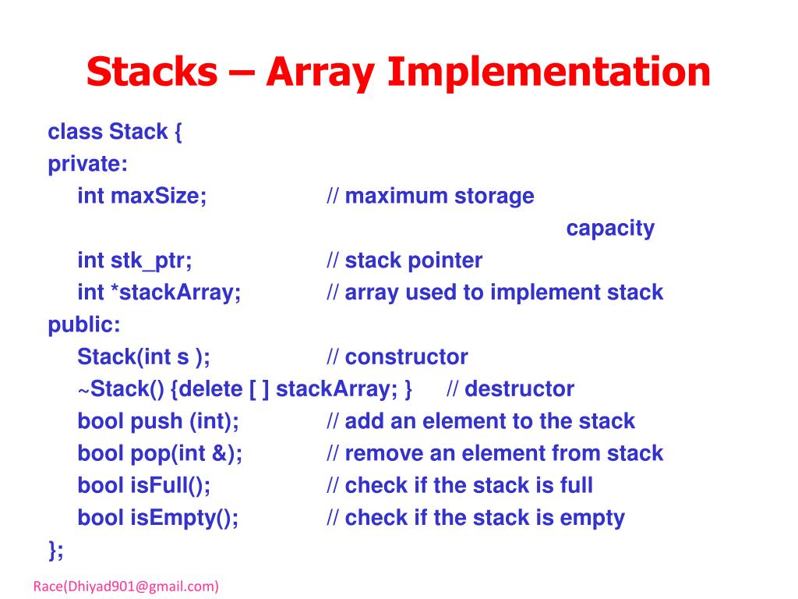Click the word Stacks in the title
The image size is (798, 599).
point(152,73)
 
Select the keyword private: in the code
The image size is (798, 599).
point(88,164)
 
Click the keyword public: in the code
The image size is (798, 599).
point(84,324)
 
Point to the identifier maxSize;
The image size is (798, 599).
point(159,196)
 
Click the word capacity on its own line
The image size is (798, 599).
point(610,229)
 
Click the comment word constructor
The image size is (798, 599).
point(406,357)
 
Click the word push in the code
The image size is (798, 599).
point(156,421)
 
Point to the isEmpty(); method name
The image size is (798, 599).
point(183,517)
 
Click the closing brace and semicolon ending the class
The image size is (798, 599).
point(55,550)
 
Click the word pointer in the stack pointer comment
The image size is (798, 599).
point(445,261)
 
